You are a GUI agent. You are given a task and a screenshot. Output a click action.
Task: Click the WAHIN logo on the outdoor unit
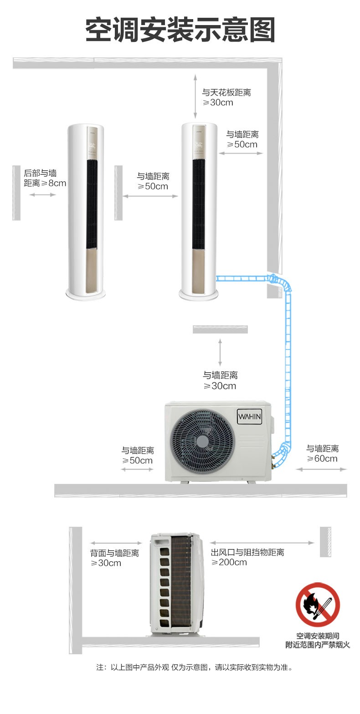coord(249,416)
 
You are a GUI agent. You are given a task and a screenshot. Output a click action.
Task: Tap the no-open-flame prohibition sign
coord(317,605)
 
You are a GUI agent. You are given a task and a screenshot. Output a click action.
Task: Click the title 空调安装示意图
coord(180,30)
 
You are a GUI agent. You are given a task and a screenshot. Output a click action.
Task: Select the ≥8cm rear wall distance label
coord(45,178)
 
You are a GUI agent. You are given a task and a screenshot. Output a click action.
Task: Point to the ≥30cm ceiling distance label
coord(226,98)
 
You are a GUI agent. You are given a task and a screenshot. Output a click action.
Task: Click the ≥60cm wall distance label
coord(322,453)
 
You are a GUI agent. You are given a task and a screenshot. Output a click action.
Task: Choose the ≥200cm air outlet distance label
coord(247,557)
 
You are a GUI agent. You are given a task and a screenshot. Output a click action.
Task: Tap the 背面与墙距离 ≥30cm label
coord(114,558)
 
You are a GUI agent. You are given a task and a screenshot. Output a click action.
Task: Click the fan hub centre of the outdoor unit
coord(202,442)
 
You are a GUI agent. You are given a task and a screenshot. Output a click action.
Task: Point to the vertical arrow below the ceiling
coord(195,97)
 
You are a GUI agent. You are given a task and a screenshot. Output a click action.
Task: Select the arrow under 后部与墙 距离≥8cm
coord(43,195)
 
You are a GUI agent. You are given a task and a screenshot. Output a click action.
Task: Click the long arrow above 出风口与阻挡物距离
coord(262,543)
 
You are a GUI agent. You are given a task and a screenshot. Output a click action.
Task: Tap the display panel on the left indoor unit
coord(92,142)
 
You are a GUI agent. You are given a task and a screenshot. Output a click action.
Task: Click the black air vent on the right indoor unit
coord(198,204)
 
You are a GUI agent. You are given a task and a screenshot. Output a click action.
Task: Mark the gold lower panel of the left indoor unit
coord(92,271)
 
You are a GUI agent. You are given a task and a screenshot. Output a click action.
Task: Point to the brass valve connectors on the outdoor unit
coord(273,461)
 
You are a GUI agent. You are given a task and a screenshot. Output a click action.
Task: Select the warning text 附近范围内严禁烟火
coord(318,645)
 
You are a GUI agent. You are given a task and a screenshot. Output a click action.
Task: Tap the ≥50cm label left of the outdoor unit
coord(138,456)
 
